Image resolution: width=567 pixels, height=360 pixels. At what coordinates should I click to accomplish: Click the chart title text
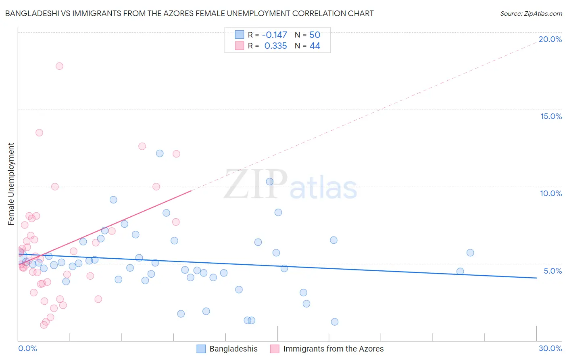[x=189, y=13]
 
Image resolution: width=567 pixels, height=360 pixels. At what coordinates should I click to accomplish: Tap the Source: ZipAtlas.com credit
[x=531, y=13]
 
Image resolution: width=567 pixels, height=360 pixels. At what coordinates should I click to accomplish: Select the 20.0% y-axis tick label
[x=550, y=39]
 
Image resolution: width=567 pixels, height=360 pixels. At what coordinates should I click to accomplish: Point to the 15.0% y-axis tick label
[x=551, y=116]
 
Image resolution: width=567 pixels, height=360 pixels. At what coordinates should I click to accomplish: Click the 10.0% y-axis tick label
[x=551, y=193]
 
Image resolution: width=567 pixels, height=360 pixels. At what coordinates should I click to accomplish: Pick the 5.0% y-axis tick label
[x=552, y=271]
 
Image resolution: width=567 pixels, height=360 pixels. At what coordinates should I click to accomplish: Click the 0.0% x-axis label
[x=27, y=348]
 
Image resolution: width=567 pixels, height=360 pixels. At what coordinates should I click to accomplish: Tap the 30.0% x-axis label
[x=550, y=348]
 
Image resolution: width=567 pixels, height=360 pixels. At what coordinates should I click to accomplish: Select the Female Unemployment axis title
[x=11, y=184]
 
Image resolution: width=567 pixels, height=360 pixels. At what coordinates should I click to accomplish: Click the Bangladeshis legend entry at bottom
[x=233, y=349]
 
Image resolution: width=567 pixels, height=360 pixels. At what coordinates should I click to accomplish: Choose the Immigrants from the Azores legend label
[x=333, y=349]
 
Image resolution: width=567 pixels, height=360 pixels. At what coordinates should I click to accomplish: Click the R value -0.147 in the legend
[x=274, y=35]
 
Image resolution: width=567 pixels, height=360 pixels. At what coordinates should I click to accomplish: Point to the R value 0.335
[x=275, y=46]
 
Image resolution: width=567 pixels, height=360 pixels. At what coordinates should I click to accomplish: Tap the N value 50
[x=315, y=35]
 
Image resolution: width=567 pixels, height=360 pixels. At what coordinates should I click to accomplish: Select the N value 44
[x=315, y=46]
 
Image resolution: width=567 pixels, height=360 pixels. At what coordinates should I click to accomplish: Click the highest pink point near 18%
[x=59, y=66]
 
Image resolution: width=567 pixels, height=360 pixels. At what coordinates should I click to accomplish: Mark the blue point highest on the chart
[x=160, y=153]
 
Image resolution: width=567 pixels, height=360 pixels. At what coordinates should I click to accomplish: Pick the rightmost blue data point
[x=470, y=253]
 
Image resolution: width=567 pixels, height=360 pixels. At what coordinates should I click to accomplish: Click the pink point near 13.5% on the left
[x=39, y=132]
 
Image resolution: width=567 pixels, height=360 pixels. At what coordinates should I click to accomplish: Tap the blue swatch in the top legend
[x=240, y=35]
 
